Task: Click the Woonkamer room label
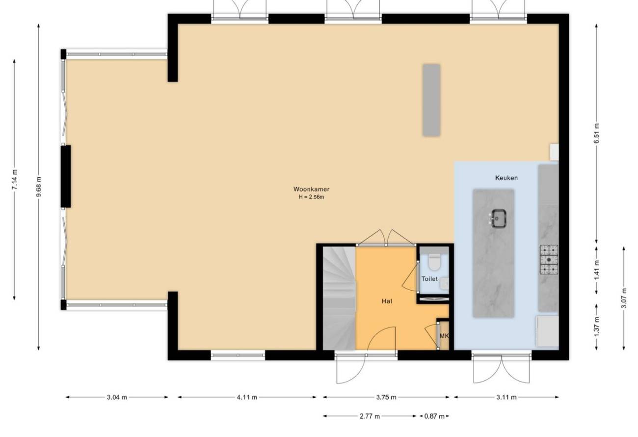pos(311,189)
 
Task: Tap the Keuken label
pos(506,178)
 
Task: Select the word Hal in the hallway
pos(387,301)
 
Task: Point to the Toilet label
pos(429,279)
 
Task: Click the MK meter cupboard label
pos(444,336)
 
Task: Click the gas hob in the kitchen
pos(549,260)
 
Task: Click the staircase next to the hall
pos(339,298)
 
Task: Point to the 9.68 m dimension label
pos(39,187)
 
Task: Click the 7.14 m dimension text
pos(15,180)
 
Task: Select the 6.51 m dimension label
pos(596,133)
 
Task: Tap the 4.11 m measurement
pos(247,397)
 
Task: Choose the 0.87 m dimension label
pos(434,416)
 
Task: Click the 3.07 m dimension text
pos(624,298)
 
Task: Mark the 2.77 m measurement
pos(370,416)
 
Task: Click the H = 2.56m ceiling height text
pos(311,197)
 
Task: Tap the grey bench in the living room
pos(431,100)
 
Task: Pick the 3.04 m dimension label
pos(117,397)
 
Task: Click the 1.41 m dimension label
pos(596,270)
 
